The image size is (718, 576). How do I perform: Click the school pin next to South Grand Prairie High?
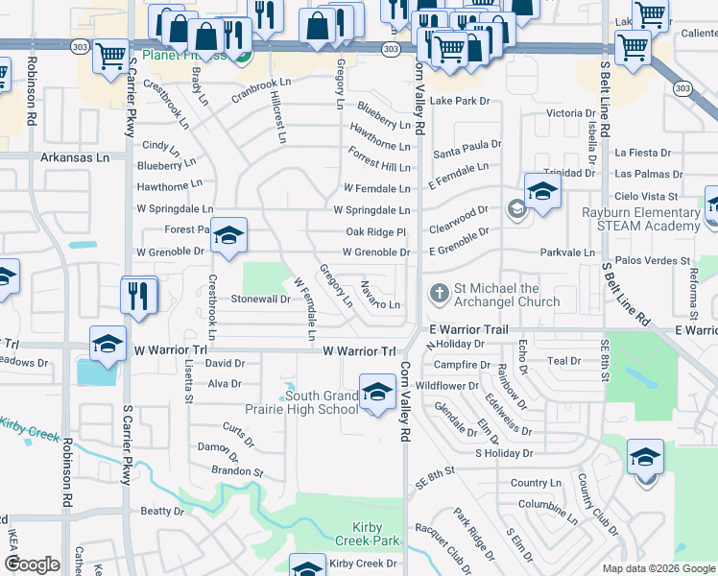pyautogui.click(x=377, y=393)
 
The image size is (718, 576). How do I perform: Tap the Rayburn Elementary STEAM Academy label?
pyautogui.click(x=640, y=219)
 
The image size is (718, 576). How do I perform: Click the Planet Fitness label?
pyautogui.click(x=183, y=56)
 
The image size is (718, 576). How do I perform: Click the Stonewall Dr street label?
pyautogui.click(x=261, y=299)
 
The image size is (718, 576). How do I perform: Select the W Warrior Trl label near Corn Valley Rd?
pyautogui.click(x=359, y=351)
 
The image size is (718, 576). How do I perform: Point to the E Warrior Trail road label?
pyautogui.click(x=468, y=329)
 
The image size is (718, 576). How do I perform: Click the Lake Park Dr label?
pyautogui.click(x=460, y=101)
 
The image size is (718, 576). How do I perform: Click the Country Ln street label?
pyautogui.click(x=537, y=483)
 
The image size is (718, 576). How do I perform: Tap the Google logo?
pyautogui.click(x=32, y=564)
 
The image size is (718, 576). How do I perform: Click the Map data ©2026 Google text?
pyautogui.click(x=658, y=568)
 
